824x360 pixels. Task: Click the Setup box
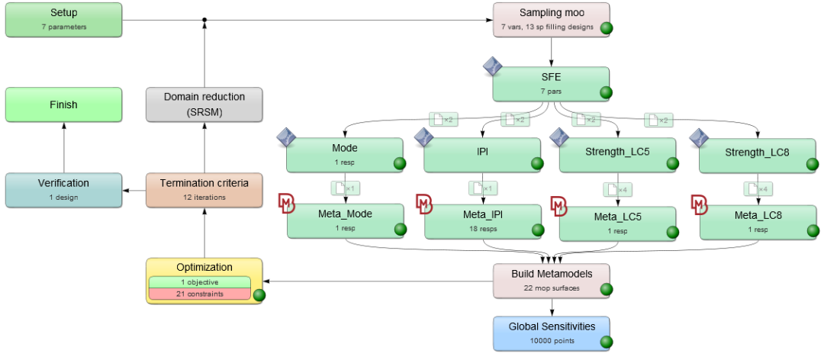(x=63, y=19)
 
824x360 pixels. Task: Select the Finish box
(x=63, y=104)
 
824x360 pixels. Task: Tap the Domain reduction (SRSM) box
(x=204, y=104)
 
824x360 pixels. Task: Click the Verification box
(x=63, y=189)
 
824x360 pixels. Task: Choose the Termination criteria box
(x=204, y=189)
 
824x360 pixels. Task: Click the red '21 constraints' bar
(x=204, y=294)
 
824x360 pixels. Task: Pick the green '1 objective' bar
(x=204, y=282)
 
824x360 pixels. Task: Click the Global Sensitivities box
(x=551, y=333)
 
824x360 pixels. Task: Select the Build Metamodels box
(x=551, y=280)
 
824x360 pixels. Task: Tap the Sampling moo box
(x=551, y=19)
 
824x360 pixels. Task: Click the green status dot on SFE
(x=606, y=93)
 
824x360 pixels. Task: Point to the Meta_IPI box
(x=482, y=220)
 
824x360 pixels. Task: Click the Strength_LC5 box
(x=618, y=155)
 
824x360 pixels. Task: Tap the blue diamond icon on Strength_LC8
(x=700, y=138)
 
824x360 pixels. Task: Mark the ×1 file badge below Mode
(x=341, y=188)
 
